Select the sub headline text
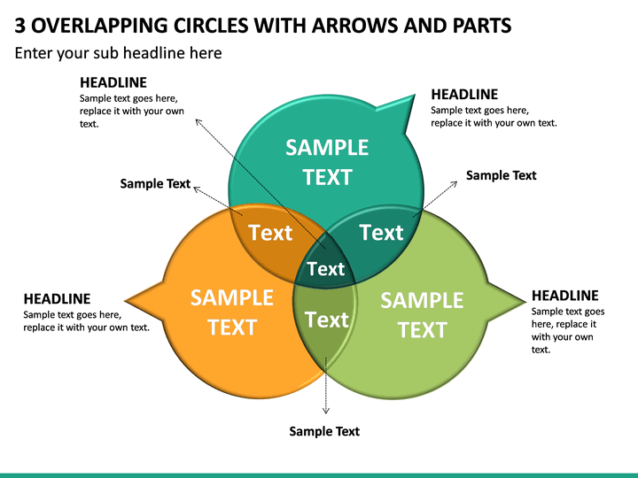pos(119,53)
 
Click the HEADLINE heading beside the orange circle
pos(57,299)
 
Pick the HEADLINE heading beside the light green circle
pos(565,296)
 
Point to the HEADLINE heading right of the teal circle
pos(464,95)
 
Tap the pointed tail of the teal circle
pos(414,96)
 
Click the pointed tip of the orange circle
pos(126,301)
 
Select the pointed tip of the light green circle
pos(525,302)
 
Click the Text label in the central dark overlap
pos(325,269)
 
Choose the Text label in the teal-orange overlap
pos(270,233)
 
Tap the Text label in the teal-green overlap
pos(381,233)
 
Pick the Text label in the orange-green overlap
pos(327,320)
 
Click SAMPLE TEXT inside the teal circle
pos(327,162)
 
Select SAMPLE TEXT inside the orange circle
pos(232,312)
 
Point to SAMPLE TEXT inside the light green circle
pos(422,315)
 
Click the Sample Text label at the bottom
pos(324,431)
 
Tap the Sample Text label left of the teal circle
pos(155,184)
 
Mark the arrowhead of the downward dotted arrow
pos(325,412)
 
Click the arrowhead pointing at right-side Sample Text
pos(455,183)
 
